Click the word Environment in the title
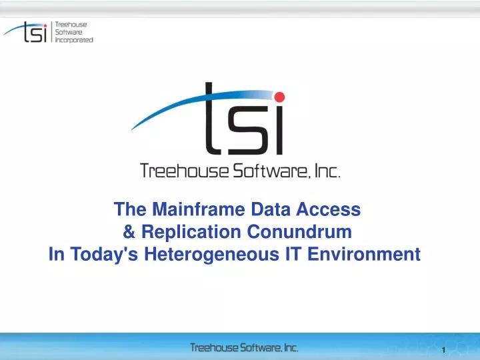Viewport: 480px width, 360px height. pyautogui.click(x=367, y=255)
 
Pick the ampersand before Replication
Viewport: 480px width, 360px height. pyautogui.click(x=129, y=232)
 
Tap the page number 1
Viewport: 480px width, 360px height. pyautogui.click(x=443, y=350)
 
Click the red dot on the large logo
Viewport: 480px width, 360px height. pyautogui.click(x=279, y=97)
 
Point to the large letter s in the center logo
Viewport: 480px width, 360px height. pyautogui.click(x=243, y=129)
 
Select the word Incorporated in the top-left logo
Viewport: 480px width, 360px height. pyautogui.click(x=74, y=39)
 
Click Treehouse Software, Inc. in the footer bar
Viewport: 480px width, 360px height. pyautogui.click(x=244, y=347)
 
